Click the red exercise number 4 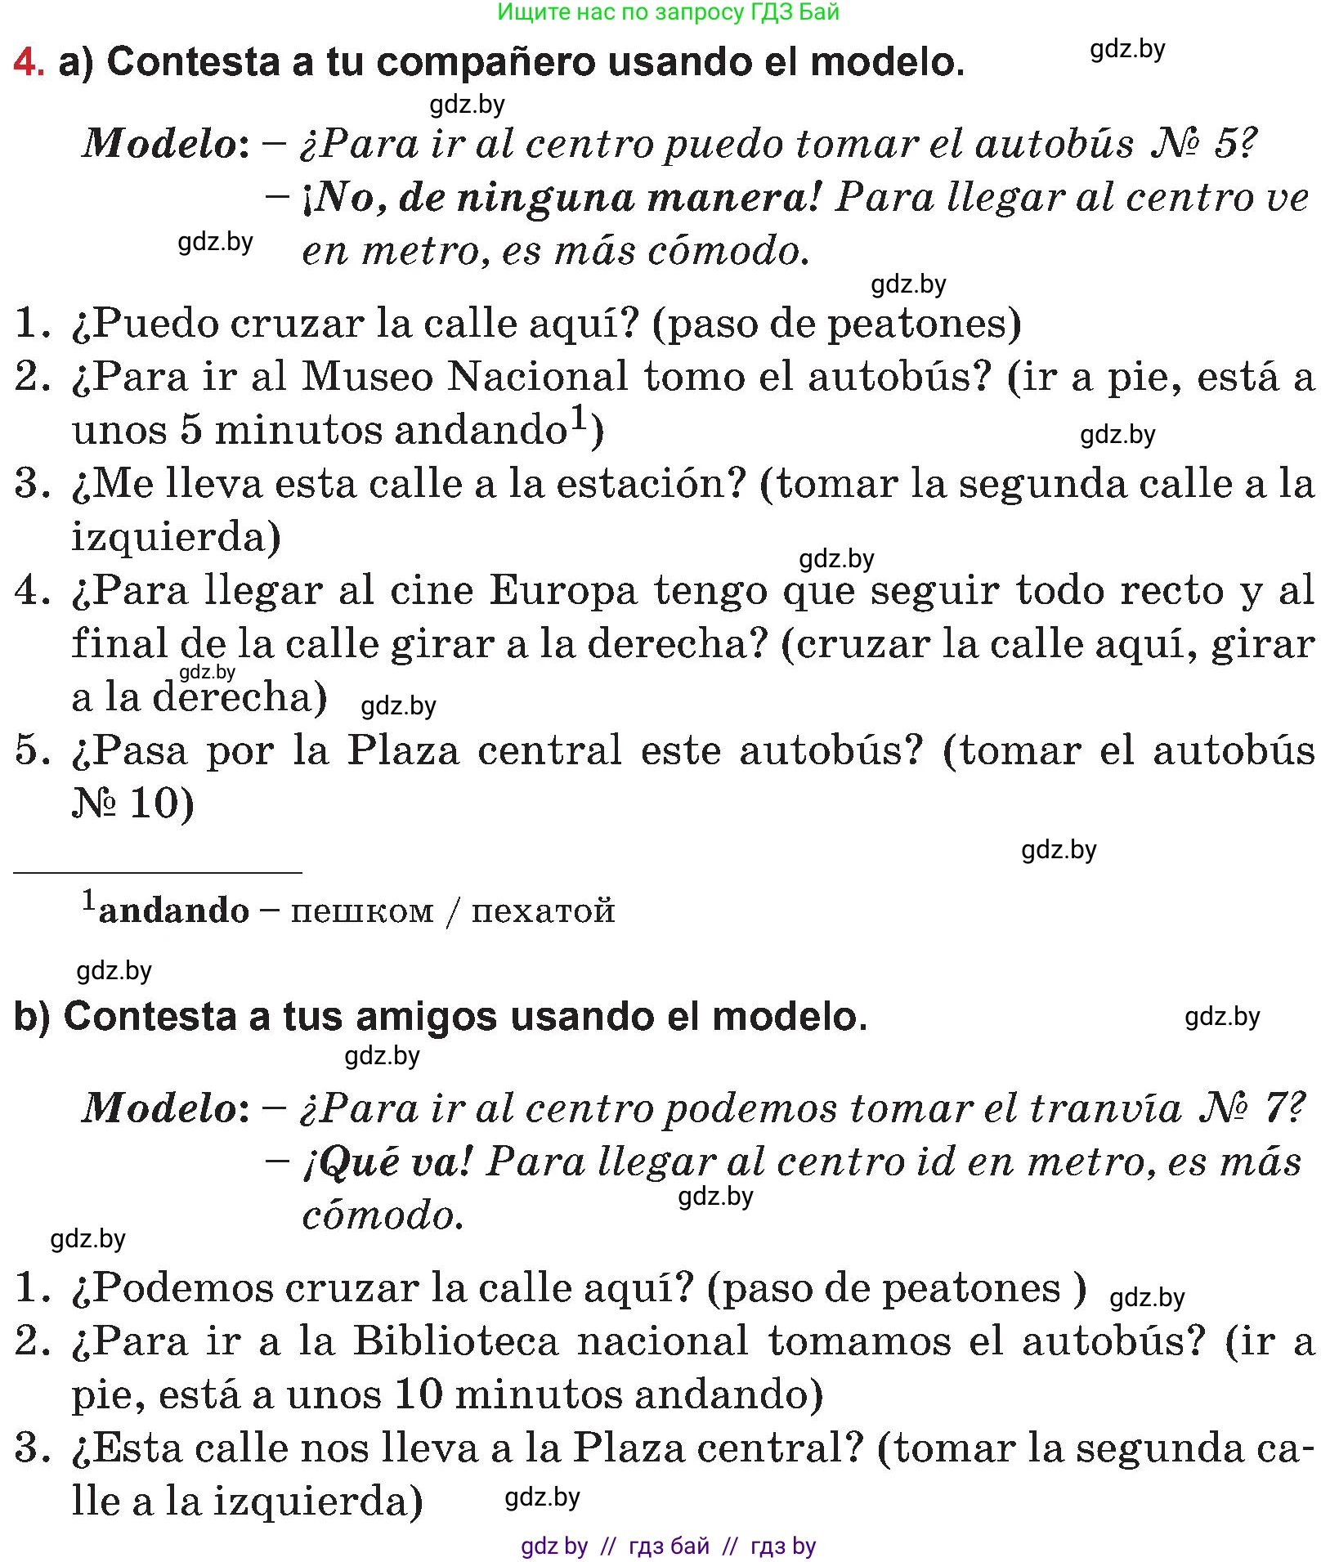(x=29, y=62)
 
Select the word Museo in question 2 (x=367, y=377)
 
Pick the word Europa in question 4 (x=562, y=590)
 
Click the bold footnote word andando (x=173, y=911)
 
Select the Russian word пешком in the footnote (x=362, y=911)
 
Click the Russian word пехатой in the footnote (x=543, y=911)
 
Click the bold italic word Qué (x=351, y=1161)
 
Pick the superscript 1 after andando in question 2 (x=578, y=418)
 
